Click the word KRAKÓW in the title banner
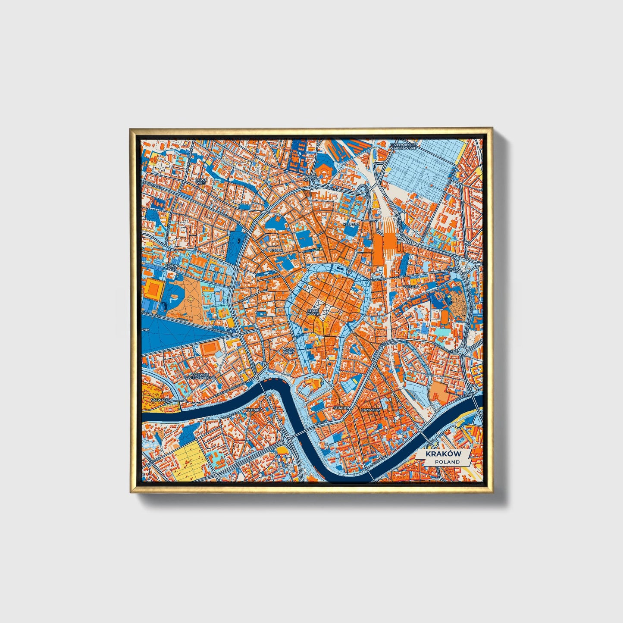(443, 454)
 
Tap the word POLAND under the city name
(447, 462)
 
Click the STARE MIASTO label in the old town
(313, 312)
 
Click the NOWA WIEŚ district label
(200, 181)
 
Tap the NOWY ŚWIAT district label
(288, 350)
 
